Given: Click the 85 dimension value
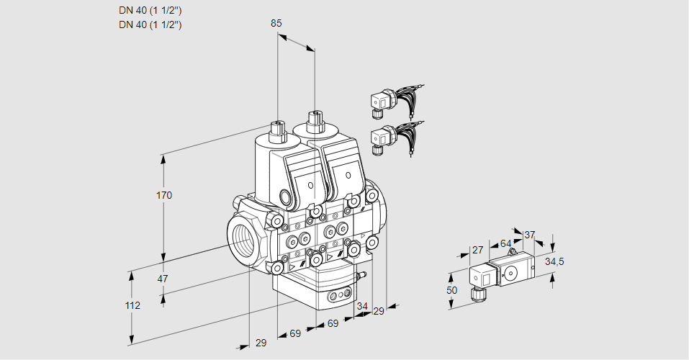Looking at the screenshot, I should (x=276, y=23).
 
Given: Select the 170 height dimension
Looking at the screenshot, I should (x=164, y=195).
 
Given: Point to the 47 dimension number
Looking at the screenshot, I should (x=163, y=279).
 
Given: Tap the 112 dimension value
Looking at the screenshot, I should (x=132, y=305).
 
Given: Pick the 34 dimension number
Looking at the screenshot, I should (x=362, y=306).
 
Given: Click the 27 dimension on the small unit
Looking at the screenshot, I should (x=477, y=250).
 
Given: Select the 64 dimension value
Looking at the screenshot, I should (x=505, y=243).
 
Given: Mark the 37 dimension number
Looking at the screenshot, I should (x=529, y=235).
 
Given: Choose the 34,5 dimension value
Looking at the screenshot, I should (x=554, y=261).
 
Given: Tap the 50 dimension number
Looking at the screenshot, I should (x=451, y=289).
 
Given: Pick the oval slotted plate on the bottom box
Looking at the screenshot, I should (x=338, y=295).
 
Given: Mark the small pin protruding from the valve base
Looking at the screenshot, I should (x=363, y=275).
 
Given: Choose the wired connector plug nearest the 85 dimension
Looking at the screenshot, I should (x=379, y=102).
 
